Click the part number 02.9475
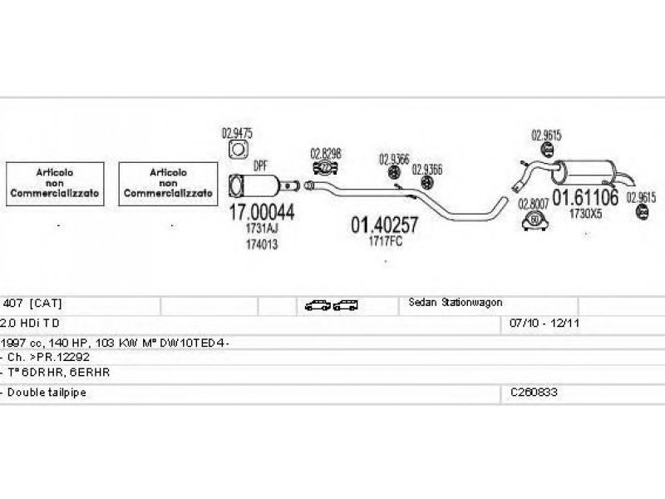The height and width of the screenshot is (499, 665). [237, 132]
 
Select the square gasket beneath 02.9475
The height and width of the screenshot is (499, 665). [239, 151]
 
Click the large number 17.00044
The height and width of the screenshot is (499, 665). [261, 213]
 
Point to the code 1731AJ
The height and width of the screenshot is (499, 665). [261, 230]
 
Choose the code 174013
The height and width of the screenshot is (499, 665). [261, 245]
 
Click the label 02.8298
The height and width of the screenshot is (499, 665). [325, 153]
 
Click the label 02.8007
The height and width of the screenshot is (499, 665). [534, 203]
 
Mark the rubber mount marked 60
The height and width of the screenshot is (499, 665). [534, 220]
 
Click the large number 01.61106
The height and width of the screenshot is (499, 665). [586, 198]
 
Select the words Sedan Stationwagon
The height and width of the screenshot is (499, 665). [456, 303]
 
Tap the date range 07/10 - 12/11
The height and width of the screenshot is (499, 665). [537, 321]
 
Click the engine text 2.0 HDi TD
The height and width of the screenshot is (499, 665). [31, 321]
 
